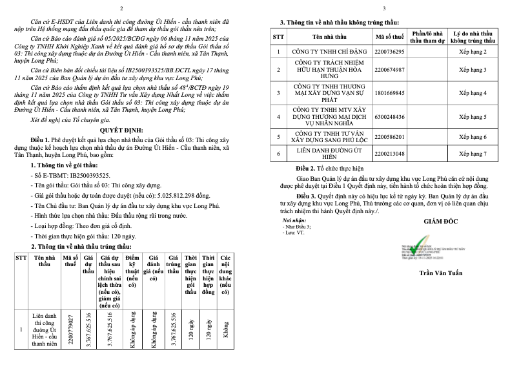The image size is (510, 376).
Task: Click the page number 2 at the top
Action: (130, 8)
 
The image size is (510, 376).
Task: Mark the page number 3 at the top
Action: (383, 8)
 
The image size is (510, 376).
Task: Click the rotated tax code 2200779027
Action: (70, 329)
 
